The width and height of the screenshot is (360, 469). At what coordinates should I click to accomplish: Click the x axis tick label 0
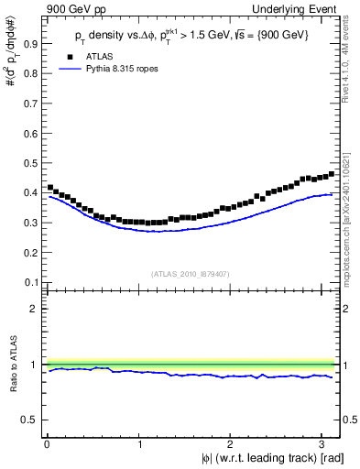click(x=47, y=444)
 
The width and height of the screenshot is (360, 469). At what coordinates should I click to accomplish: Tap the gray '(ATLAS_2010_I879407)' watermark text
click(x=191, y=272)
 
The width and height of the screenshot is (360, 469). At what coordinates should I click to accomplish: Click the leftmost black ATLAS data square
click(x=50, y=188)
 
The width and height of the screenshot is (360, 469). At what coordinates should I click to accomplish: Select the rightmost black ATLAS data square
click(x=331, y=173)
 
